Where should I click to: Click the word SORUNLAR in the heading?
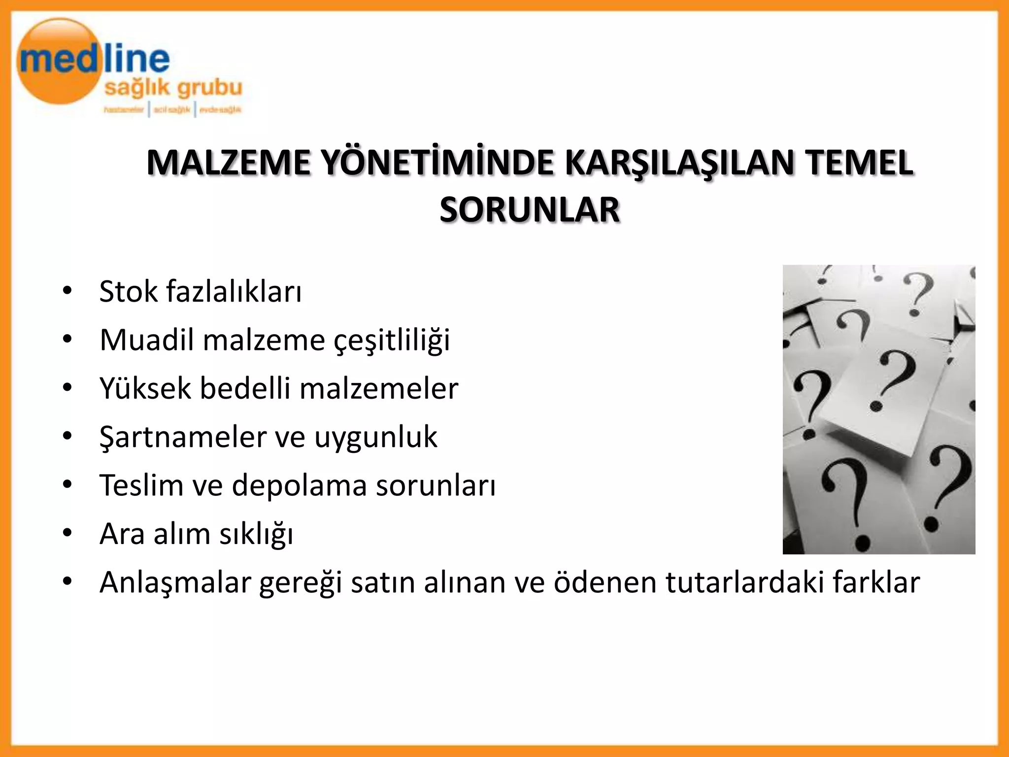point(530,210)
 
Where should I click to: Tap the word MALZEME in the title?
point(229,163)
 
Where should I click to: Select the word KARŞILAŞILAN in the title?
point(679,164)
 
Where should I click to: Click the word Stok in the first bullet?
point(129,291)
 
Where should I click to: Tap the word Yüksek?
point(145,388)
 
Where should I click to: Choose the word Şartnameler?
point(183,437)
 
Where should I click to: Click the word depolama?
point(300,485)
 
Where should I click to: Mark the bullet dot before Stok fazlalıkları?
point(67,290)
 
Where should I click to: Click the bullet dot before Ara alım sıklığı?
point(67,533)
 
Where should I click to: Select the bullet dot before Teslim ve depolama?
point(67,484)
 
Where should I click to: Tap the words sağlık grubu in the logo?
point(173,88)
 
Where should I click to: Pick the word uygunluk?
point(375,437)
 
